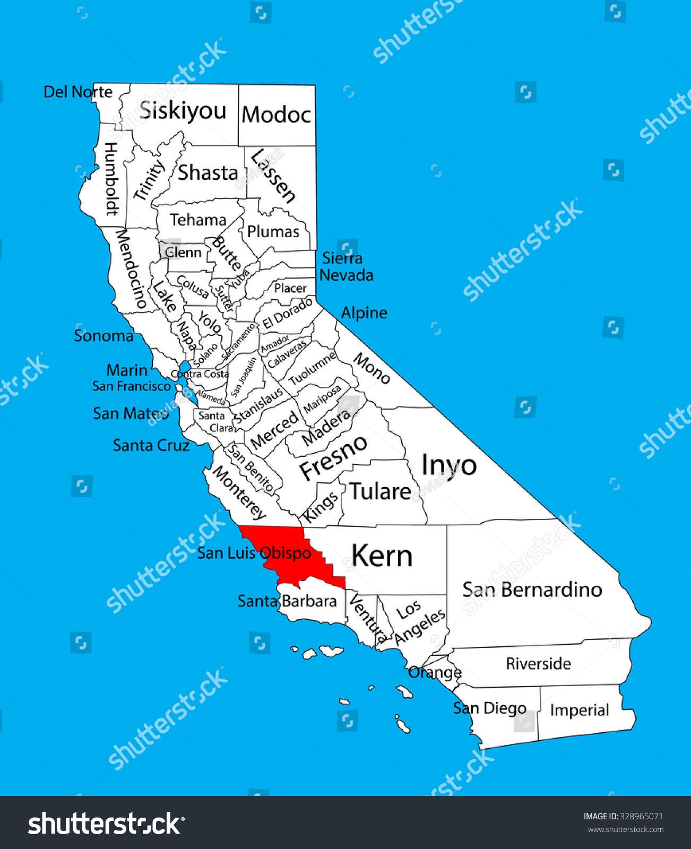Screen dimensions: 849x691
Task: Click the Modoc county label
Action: (276, 115)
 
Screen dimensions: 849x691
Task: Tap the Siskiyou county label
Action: (183, 111)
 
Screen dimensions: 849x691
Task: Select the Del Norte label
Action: (78, 92)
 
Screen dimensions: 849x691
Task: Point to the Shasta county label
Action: (208, 173)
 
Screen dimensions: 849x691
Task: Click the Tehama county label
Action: (198, 220)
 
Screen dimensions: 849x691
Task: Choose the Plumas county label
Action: (273, 232)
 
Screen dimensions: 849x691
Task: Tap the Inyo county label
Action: (449, 466)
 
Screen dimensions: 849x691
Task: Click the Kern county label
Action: (382, 556)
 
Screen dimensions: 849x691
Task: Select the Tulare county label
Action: (380, 492)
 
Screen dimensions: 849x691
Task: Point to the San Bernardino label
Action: (532, 590)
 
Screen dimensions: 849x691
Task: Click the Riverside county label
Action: (538, 663)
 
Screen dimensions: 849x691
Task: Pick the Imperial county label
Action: (579, 710)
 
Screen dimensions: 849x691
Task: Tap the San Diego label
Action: (489, 708)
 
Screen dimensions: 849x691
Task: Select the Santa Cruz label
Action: (151, 445)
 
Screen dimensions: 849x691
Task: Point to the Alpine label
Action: (364, 313)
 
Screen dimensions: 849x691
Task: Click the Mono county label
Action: (372, 368)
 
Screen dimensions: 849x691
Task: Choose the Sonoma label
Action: (103, 336)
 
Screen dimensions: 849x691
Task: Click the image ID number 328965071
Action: (641, 816)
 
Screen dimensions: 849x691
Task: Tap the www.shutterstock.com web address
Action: (625, 829)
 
